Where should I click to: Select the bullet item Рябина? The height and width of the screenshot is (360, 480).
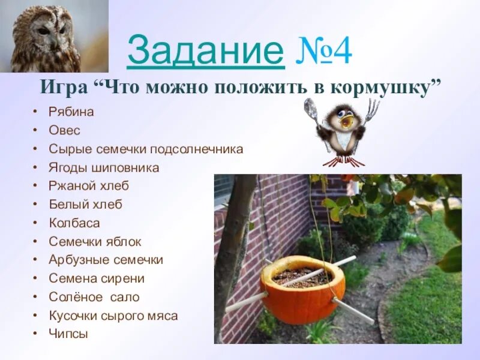click(71, 112)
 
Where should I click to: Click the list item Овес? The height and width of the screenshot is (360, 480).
click(64, 130)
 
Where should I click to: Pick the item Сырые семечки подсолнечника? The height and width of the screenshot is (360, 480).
click(146, 149)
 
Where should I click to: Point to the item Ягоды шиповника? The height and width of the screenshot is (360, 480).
click(104, 167)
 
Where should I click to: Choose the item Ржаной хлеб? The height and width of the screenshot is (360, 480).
click(89, 186)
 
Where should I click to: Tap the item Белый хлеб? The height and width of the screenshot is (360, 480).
click(85, 205)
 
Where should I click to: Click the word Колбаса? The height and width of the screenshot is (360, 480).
click(74, 223)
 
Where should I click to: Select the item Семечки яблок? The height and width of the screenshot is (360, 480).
click(95, 242)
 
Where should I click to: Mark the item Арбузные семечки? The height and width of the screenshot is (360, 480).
click(106, 260)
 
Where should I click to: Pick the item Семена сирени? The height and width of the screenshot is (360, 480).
click(97, 278)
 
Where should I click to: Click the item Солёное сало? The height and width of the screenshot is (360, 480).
click(94, 297)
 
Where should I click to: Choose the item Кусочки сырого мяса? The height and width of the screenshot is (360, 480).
click(113, 316)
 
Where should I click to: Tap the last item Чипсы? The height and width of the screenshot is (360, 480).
click(68, 334)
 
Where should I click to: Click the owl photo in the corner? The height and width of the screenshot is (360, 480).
click(46, 36)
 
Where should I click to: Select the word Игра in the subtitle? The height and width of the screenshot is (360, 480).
click(62, 88)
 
